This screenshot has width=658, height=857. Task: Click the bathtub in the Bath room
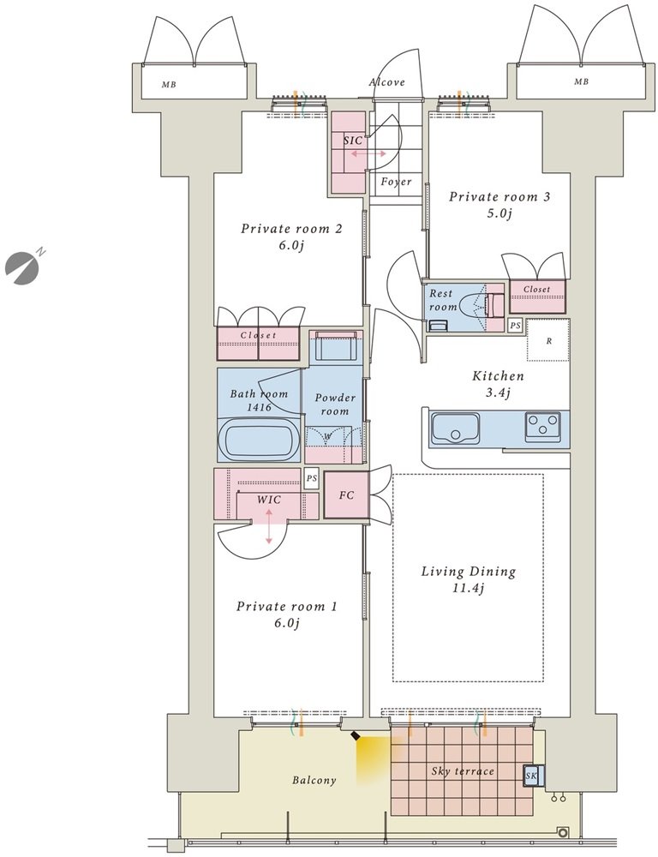[x=259, y=440]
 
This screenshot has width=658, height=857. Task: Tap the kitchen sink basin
[x=455, y=428]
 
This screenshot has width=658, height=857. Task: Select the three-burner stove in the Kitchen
[x=542, y=426]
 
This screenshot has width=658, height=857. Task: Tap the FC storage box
[x=346, y=495]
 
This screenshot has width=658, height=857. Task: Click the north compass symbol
[x=23, y=264]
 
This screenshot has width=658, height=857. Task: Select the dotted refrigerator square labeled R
[x=548, y=340]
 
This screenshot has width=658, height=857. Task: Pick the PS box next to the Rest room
[x=514, y=325]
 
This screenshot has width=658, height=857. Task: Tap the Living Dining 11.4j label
[x=469, y=579]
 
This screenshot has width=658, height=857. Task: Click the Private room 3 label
[x=499, y=204]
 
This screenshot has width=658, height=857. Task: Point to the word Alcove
[x=387, y=82]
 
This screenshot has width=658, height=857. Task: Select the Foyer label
[x=396, y=182]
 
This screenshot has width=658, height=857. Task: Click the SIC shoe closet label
[x=352, y=141]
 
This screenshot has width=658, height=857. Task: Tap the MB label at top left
[x=169, y=85]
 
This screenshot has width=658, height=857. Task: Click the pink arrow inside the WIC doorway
[x=269, y=526]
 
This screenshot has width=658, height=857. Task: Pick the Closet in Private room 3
[x=537, y=296]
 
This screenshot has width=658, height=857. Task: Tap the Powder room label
[x=334, y=404]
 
